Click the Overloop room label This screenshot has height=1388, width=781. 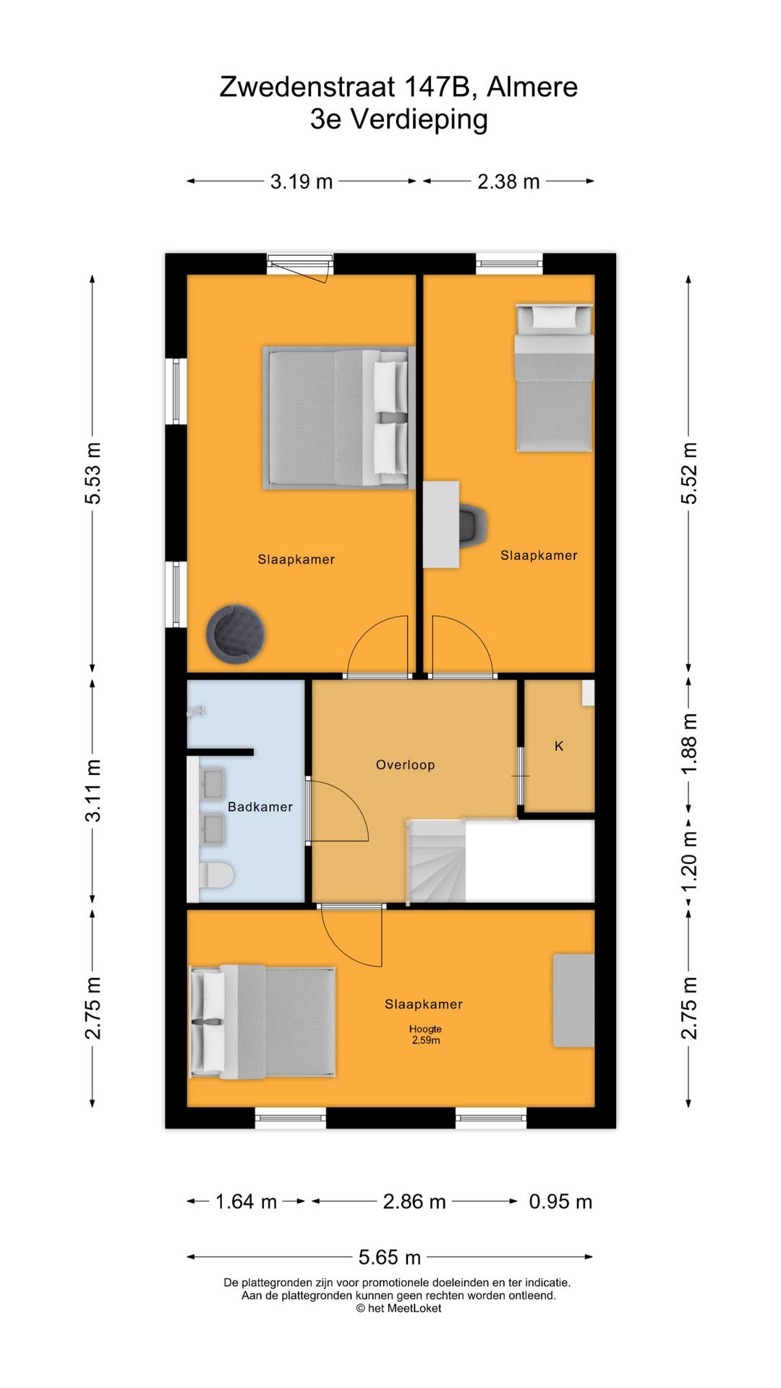tap(405, 765)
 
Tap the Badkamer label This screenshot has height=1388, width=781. tap(260, 807)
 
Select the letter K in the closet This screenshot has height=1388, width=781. tap(559, 746)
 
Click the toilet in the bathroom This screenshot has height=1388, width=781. tap(216, 875)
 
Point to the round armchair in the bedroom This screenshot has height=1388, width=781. tap(235, 633)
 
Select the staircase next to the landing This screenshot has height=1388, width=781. tap(435, 861)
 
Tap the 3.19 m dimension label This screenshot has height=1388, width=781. tap(302, 181)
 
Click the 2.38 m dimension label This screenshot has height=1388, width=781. tap(508, 181)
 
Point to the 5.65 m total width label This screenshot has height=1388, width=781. tap(390, 1257)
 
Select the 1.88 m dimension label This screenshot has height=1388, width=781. tap(689, 744)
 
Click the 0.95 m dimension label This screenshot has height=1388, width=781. tap(560, 1201)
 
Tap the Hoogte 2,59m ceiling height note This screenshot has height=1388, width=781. tap(425, 1034)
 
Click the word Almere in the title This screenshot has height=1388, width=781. tap(532, 87)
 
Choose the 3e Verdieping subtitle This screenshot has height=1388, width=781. tap(399, 119)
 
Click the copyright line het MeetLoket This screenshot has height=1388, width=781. tap(398, 1308)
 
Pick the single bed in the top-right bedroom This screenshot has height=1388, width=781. tap(554, 378)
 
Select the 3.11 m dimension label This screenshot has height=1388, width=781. tap(93, 791)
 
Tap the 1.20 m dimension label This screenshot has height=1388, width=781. tap(689, 862)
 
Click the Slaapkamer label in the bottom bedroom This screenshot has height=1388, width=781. tap(424, 1004)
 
